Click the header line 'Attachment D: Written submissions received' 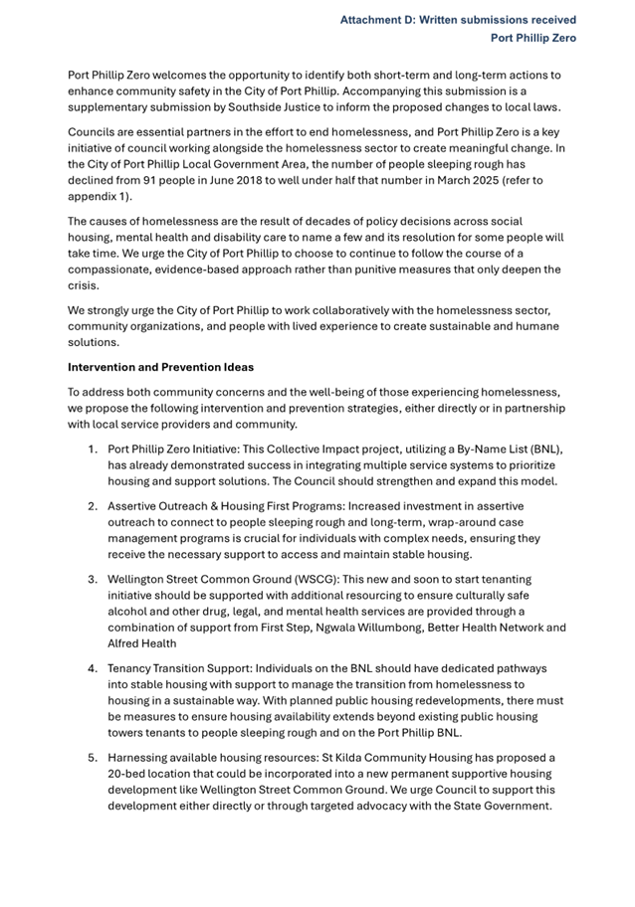pyautogui.click(x=458, y=20)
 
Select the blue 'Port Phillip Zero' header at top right pyautogui.click(x=532, y=39)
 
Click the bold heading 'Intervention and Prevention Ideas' pyautogui.click(x=160, y=367)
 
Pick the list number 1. pyautogui.click(x=92, y=449)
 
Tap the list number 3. pyautogui.click(x=92, y=579)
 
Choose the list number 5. pyautogui.click(x=92, y=758)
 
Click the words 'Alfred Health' pyautogui.click(x=142, y=643)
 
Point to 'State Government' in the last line pyautogui.click(x=500, y=806)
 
